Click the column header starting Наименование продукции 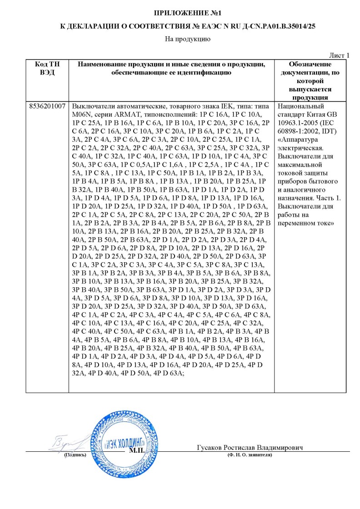171,69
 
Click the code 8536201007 47,105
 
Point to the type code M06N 81,114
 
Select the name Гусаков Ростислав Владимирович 250,448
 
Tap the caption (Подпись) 75,454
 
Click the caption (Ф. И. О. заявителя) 249,454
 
